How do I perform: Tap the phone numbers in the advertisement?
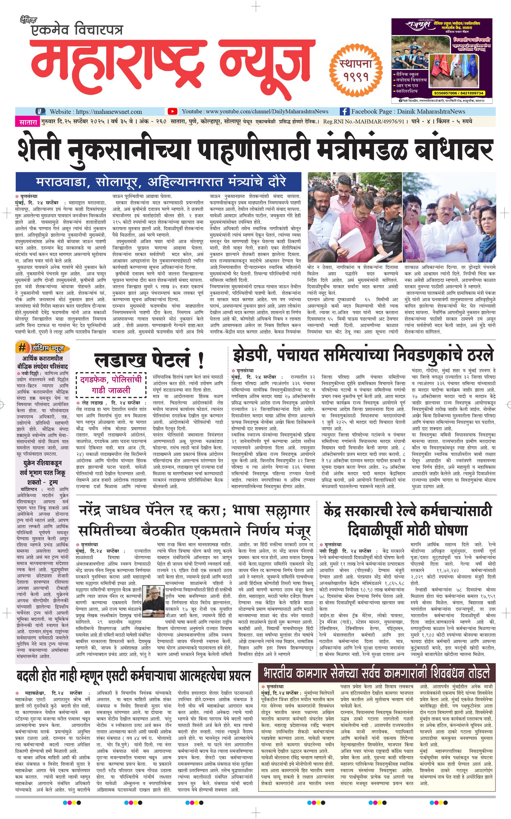point(458,93)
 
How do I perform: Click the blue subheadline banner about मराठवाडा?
point(158,182)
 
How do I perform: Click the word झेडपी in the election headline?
point(252,354)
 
